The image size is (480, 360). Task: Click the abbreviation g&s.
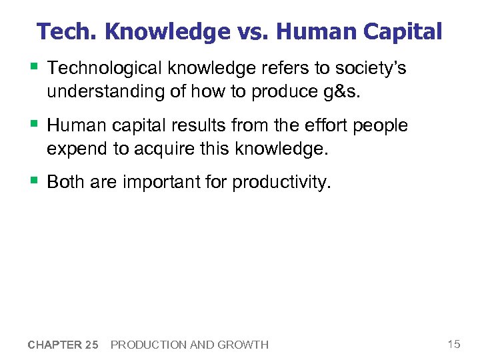pyautogui.click(x=342, y=92)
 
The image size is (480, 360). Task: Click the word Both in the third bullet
pyautogui.click(x=65, y=182)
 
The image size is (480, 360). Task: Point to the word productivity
pyautogui.click(x=281, y=182)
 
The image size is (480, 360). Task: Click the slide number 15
pyautogui.click(x=454, y=344)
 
